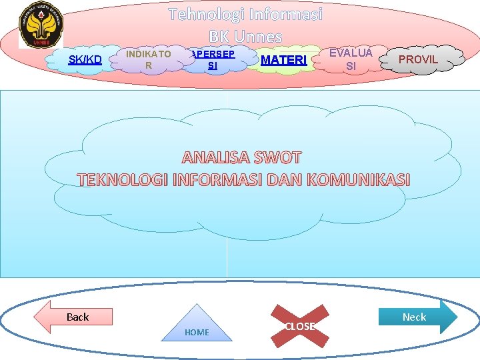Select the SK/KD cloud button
coord(85,60)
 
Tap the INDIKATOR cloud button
coord(149,59)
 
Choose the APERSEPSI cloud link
coord(212,59)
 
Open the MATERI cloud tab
coord(284,61)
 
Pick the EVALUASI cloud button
coord(351,59)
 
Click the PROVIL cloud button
coord(418,60)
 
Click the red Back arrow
coord(73,317)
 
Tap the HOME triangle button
coord(197,326)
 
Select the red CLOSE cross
coord(299,326)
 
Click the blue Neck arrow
coord(418,317)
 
